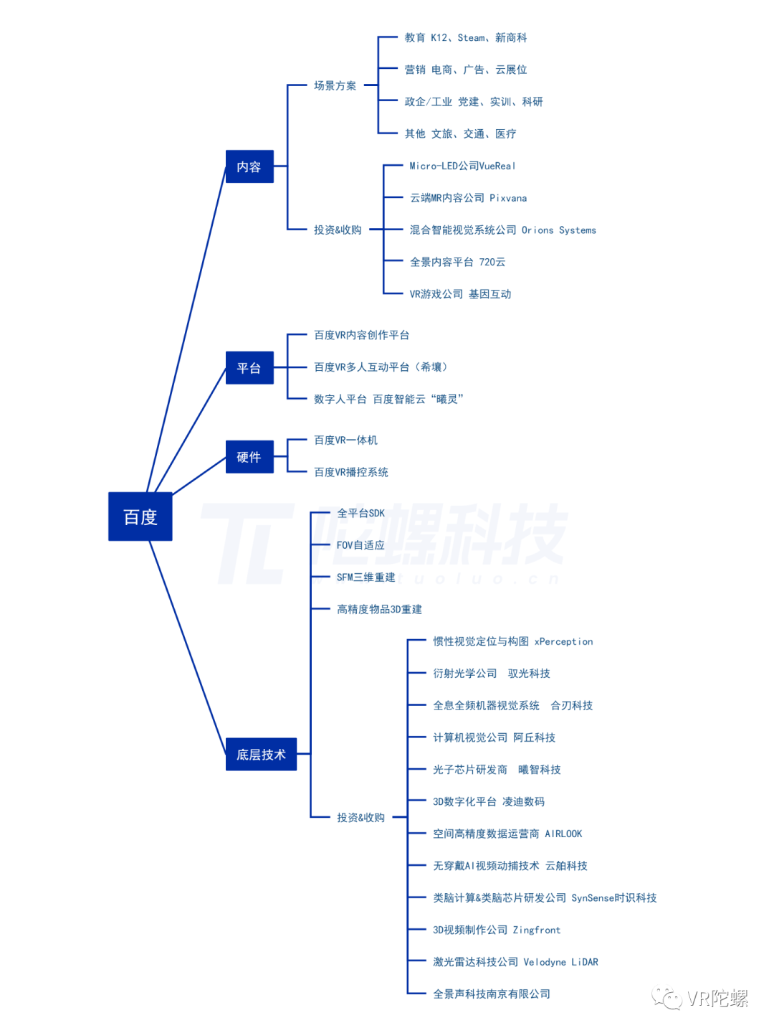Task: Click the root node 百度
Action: (140, 516)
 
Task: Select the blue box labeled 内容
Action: (249, 166)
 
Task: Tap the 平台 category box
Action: (249, 368)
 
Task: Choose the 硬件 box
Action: (249, 457)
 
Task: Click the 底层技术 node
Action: (261, 754)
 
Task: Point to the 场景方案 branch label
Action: (335, 85)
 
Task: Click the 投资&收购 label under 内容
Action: (338, 230)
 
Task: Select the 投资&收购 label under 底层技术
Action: (360, 817)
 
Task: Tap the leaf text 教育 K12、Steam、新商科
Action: (465, 37)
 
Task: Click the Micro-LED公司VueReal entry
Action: (462, 166)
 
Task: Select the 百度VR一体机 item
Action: (345, 440)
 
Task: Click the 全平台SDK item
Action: (360, 513)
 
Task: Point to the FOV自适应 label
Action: (360, 545)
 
